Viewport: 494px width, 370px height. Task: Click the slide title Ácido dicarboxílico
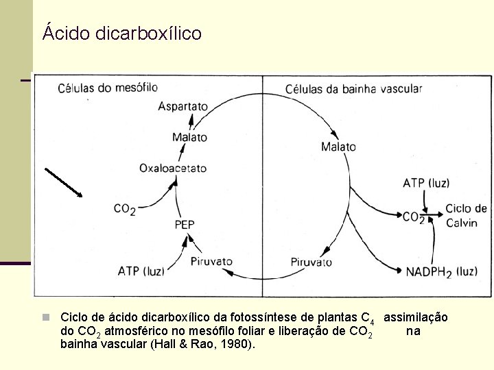tap(121, 33)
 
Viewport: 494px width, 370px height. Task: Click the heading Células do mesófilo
tap(107, 88)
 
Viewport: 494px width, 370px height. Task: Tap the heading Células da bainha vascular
tap(353, 88)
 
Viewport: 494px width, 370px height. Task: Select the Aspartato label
tap(183, 106)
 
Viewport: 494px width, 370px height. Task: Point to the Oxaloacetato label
tap(172, 168)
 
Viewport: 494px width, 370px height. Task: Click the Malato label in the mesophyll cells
tap(189, 137)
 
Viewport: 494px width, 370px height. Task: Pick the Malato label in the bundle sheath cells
tap(338, 147)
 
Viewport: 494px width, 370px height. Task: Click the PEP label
tap(185, 224)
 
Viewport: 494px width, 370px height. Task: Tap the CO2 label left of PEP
tap(124, 210)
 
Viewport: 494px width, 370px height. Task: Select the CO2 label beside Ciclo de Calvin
tap(413, 217)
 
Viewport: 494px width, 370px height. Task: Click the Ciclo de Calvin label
tap(466, 216)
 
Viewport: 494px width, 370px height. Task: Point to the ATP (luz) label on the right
tap(426, 183)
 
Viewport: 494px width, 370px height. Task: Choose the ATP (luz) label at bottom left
tap(141, 271)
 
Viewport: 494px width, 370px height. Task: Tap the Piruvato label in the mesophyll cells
tap(211, 261)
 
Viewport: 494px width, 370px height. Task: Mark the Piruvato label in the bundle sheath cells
tap(311, 262)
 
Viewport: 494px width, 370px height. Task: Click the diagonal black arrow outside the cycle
tap(63, 182)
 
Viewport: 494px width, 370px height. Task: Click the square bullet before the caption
tap(45, 317)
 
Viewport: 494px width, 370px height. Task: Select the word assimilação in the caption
tap(416, 317)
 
